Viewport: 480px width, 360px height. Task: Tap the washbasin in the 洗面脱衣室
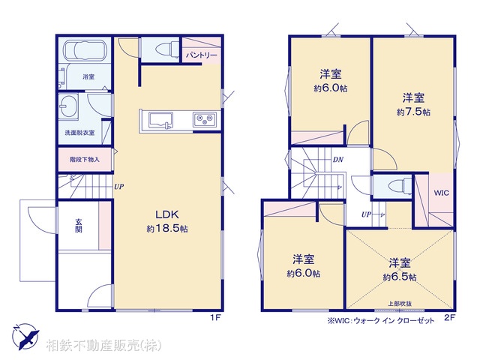click(x=69, y=106)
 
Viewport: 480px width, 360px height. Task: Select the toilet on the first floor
click(x=159, y=49)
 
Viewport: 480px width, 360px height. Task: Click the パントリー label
click(x=200, y=55)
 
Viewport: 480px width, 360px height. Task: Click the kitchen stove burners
click(x=204, y=119)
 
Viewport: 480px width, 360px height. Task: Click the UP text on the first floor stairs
click(x=118, y=187)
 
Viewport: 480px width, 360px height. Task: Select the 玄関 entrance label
click(x=78, y=225)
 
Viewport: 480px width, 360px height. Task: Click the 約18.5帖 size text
click(x=166, y=229)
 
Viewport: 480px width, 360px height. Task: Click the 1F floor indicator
click(x=214, y=317)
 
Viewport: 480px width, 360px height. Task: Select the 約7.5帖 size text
click(x=413, y=112)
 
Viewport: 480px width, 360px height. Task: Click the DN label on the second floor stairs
click(x=338, y=159)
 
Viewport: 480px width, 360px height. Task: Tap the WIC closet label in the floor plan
click(x=441, y=193)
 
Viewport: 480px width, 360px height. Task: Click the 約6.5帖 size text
click(x=399, y=277)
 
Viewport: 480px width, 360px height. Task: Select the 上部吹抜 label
click(x=399, y=302)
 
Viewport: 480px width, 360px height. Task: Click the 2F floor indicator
click(x=450, y=317)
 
